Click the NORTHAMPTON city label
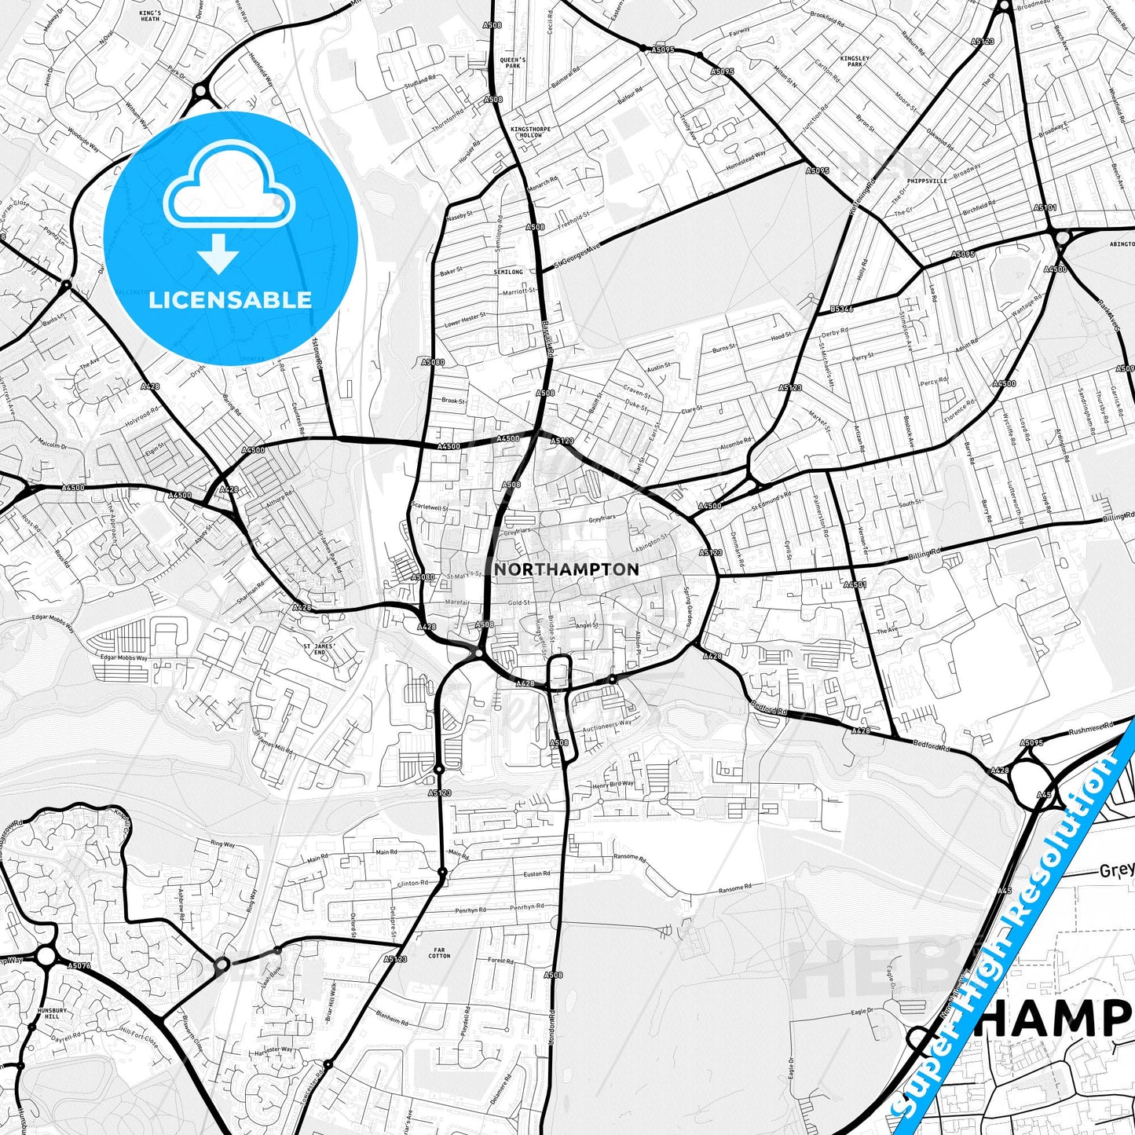click(x=566, y=569)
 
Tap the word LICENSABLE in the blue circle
click(x=230, y=299)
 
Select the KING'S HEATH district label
click(x=150, y=16)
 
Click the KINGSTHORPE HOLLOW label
click(x=526, y=132)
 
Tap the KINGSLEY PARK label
click(x=855, y=61)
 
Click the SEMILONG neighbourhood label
click(x=508, y=272)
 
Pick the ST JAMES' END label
click(x=319, y=649)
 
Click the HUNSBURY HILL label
click(x=48, y=1013)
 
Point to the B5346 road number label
click(x=841, y=309)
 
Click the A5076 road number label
click(x=79, y=965)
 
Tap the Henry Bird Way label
click(x=613, y=785)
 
